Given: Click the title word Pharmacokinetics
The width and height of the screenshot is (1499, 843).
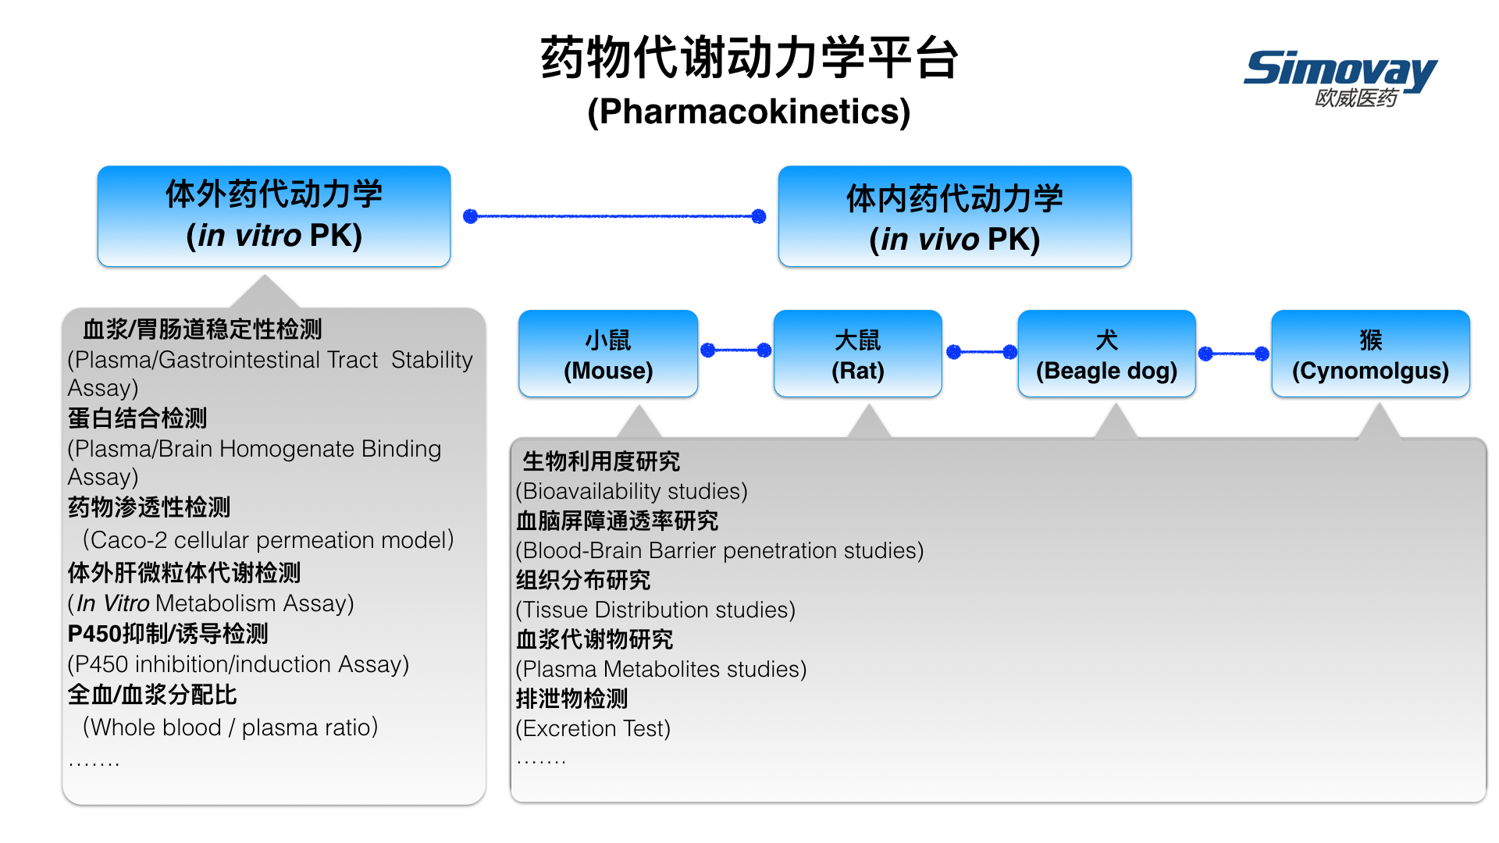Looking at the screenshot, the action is point(749,112).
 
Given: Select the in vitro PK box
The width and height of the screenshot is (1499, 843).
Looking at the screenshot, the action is point(274,216).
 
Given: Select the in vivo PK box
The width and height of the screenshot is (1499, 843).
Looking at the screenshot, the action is point(955,216).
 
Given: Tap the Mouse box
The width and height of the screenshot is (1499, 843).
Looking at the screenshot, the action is point(608,354).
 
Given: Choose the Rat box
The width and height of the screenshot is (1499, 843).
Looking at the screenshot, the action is point(858,354).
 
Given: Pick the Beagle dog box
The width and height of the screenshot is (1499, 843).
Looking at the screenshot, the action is point(1106,354).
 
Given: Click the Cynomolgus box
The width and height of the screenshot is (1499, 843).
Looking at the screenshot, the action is point(1370,354).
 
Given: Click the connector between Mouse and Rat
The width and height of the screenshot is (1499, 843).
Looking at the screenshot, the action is point(736,350).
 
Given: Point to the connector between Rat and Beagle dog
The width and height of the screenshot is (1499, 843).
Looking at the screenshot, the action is point(981,352).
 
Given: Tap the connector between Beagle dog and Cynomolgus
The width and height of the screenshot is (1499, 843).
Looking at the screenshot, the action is point(1234,354).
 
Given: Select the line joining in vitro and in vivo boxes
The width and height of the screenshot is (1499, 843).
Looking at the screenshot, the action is point(614,216).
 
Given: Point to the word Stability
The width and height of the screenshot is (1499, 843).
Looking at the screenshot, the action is point(432,360).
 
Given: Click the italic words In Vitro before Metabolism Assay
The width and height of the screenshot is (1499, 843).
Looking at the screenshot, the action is point(112,603).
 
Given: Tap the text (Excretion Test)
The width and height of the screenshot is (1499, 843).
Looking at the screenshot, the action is point(593,728).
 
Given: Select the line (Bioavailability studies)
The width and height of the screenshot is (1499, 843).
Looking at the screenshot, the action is point(632,491).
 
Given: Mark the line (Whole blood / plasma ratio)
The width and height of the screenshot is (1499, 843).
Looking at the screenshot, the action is point(230,727).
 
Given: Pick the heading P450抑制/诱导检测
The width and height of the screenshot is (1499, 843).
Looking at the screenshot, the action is point(168,634).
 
